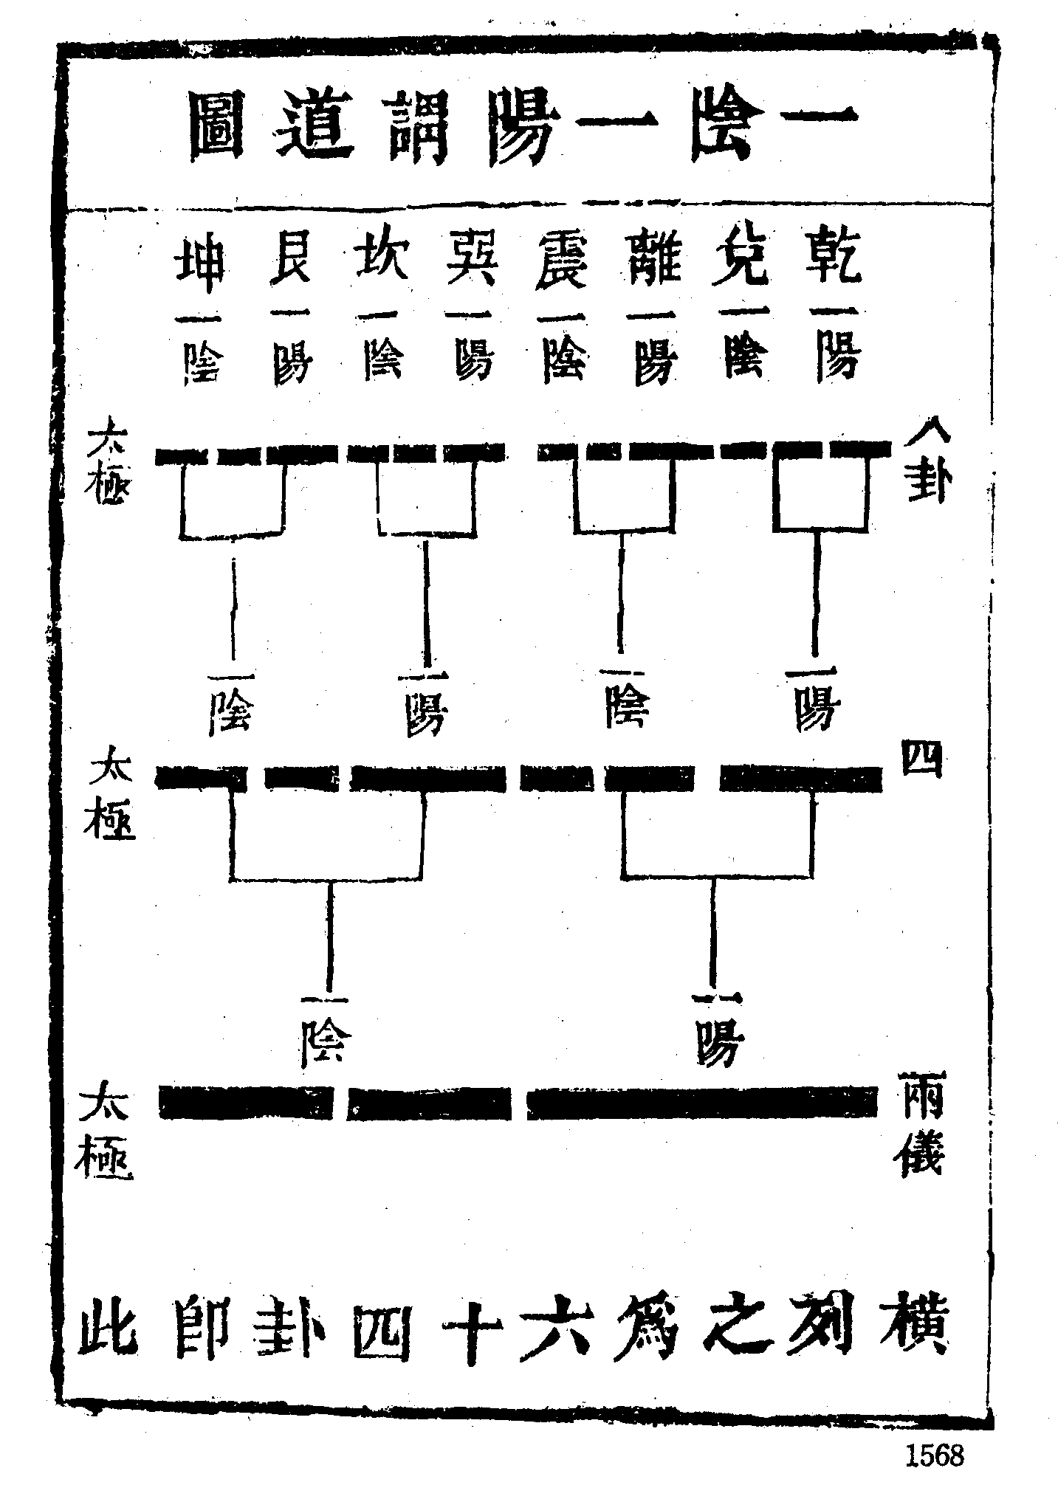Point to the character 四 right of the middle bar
point(921,759)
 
